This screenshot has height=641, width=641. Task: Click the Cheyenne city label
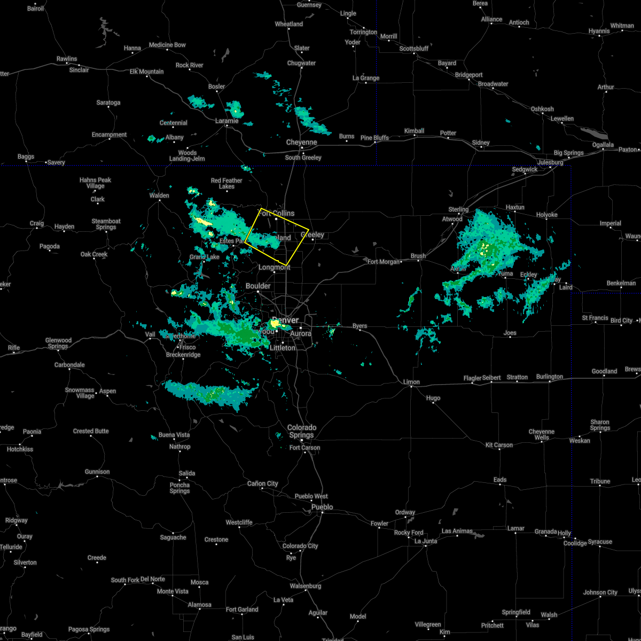coord(302,143)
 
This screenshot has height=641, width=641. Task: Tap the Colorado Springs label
coord(302,431)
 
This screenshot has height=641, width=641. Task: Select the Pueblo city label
coord(322,507)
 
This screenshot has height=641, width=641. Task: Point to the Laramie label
coord(226,121)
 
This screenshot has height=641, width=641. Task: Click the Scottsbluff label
coord(414,49)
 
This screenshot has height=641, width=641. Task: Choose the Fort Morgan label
coord(384,262)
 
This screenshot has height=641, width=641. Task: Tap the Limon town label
coord(411,382)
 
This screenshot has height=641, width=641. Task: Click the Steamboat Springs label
coord(106,224)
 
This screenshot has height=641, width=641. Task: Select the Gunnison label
coord(97,472)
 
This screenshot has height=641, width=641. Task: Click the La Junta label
coord(426,541)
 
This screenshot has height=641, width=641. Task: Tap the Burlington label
coord(550,377)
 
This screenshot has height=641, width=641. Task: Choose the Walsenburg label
coord(306,586)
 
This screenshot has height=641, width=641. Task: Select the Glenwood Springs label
coord(58,343)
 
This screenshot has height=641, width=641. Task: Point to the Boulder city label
coord(258,286)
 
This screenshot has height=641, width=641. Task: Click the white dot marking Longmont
coord(275,272)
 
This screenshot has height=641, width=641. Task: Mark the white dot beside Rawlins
coord(67,64)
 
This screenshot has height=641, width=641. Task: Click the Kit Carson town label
coord(499,445)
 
